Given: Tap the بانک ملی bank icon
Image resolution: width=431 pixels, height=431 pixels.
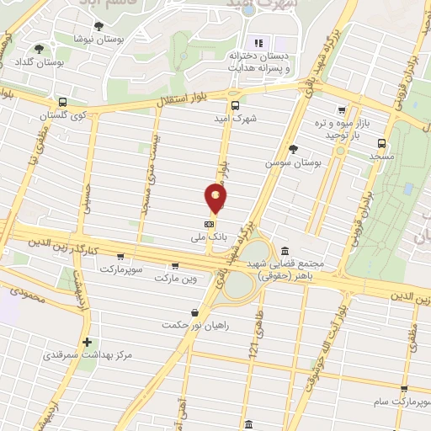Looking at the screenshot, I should pyautogui.click(x=209, y=225).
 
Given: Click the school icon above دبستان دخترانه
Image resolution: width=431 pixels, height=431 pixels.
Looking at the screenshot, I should pyautogui.click(x=259, y=43).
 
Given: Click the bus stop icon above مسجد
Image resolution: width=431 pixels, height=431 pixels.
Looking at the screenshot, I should pyautogui.click(x=382, y=143).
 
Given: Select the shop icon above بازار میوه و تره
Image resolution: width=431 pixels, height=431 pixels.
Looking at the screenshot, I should pyautogui.click(x=342, y=110).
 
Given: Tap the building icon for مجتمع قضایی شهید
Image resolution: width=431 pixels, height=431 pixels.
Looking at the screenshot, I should pyautogui.click(x=285, y=252).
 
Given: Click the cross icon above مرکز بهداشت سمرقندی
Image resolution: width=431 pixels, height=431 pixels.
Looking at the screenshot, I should pyautogui.click(x=88, y=342).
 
